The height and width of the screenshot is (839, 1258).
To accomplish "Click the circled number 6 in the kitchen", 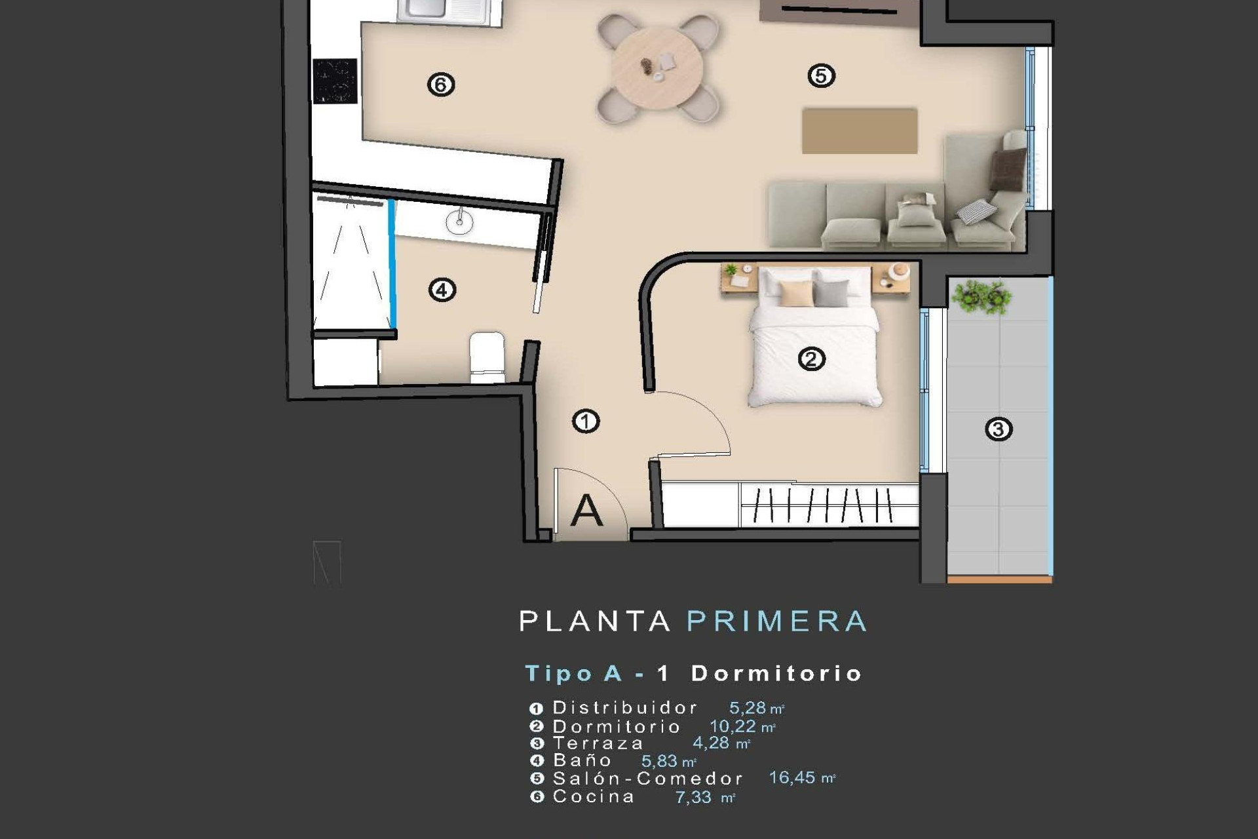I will (441, 85).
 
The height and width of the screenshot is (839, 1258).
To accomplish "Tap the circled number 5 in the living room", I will (821, 76).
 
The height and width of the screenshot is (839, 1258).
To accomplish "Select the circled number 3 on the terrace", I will (999, 429).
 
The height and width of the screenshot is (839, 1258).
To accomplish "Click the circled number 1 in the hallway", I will (586, 421).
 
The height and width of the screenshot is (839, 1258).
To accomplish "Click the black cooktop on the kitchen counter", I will (335, 81).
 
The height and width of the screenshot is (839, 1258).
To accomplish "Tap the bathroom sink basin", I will (459, 222).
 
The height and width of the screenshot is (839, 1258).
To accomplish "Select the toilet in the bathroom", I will (487, 357).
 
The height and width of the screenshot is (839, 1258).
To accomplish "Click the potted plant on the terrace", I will (981, 297).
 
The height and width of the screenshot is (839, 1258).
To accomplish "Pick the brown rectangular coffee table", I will (859, 131).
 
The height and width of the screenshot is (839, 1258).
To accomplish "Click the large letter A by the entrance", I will (586, 511).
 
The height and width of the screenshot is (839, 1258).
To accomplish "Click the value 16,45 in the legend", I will (791, 778).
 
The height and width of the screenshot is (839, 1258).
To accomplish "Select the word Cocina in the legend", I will (594, 797).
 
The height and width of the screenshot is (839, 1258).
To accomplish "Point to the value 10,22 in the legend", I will (733, 726).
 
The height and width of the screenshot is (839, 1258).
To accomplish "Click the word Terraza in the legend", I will (598, 743).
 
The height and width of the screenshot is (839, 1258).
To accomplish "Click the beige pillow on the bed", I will (796, 294).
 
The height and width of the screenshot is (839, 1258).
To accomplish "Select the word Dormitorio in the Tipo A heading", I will (776, 673).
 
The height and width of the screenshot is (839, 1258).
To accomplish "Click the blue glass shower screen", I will (392, 262).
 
